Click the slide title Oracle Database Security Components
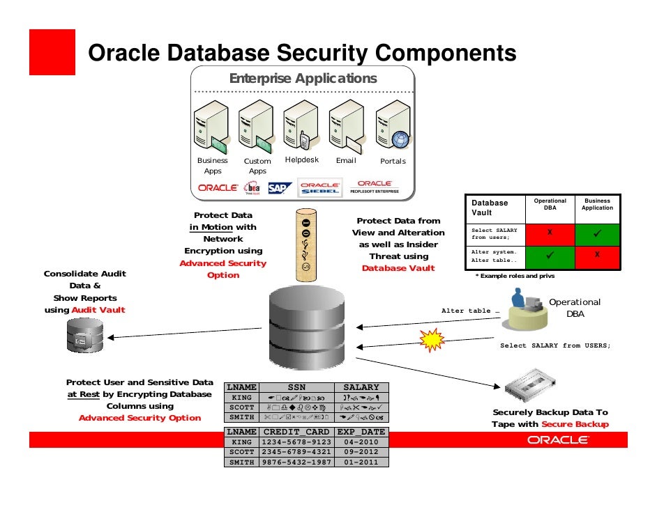(301, 53)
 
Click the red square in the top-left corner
(52, 52)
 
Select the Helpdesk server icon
(301, 125)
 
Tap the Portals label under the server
(393, 161)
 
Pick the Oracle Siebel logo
(320, 187)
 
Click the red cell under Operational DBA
(550, 233)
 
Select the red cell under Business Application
(597, 256)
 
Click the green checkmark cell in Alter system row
(550, 256)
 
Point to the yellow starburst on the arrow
(432, 340)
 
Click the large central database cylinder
(307, 329)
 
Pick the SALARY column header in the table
(361, 387)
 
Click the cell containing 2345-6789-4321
(295, 451)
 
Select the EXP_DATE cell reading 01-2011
(361, 461)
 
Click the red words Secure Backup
(575, 424)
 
